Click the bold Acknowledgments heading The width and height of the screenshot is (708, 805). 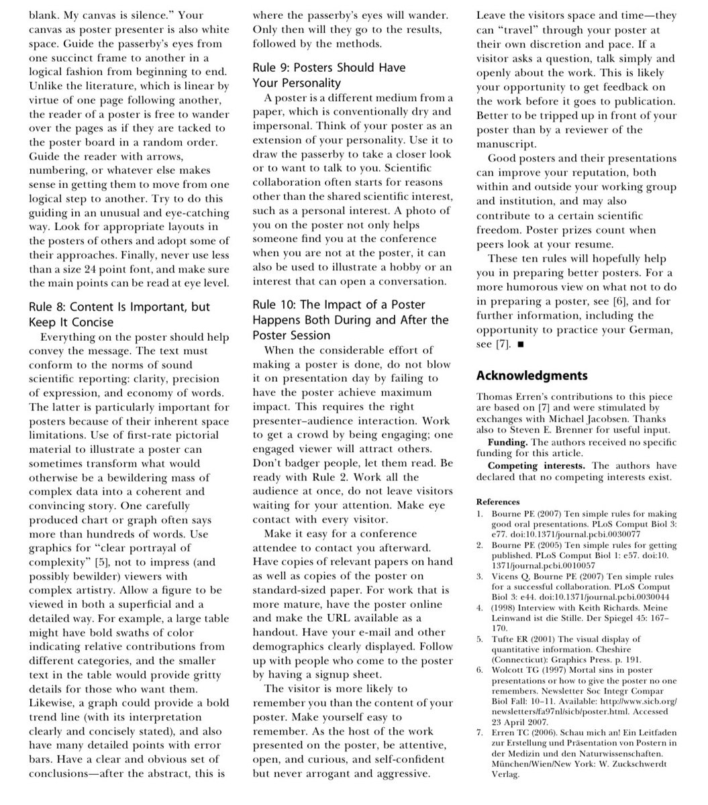532,375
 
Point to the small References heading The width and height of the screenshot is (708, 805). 498,501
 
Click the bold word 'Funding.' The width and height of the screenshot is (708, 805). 509,443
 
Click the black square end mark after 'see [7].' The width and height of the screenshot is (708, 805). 521,345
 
